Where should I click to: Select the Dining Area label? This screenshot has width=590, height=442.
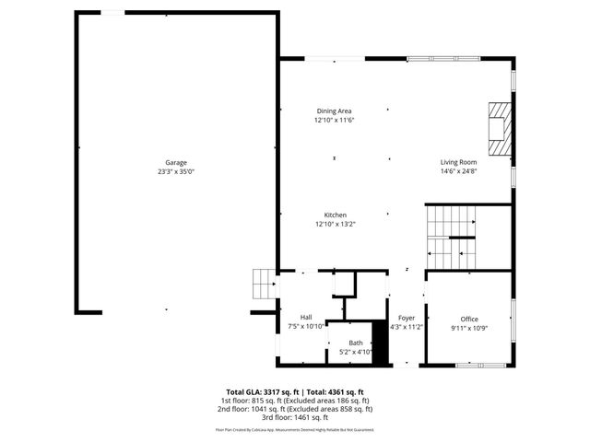click(334, 110)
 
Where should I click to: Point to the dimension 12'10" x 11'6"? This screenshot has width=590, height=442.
click(334, 120)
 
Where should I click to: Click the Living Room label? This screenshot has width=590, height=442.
click(458, 162)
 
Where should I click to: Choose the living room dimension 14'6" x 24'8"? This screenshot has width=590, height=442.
click(458, 171)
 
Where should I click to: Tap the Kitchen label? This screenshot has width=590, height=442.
click(334, 215)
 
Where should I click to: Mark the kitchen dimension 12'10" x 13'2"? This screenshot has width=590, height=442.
click(334, 224)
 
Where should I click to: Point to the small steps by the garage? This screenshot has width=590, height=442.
click(265, 285)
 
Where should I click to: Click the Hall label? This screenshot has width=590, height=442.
click(305, 317)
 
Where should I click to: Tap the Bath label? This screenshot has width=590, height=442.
click(355, 343)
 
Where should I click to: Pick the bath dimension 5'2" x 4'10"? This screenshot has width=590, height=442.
click(355, 352)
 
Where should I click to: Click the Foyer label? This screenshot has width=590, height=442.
click(406, 317)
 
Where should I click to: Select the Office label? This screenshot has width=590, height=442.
click(469, 319)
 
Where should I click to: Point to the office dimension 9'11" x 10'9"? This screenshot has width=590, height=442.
click(469, 328)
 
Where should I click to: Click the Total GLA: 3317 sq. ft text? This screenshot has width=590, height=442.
click(263, 391)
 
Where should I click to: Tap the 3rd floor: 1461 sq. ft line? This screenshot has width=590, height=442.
click(295, 417)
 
